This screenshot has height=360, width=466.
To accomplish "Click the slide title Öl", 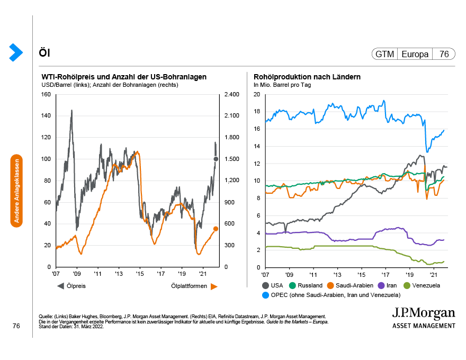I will click(44, 53).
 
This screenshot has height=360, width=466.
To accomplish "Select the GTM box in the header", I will click(385, 54).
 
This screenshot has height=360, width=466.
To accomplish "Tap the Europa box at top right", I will click(415, 54).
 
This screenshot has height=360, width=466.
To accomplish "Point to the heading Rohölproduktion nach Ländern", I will click(307, 77).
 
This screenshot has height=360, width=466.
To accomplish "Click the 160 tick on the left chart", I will click(46, 95).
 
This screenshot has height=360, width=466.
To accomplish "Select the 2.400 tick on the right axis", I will click(231, 95).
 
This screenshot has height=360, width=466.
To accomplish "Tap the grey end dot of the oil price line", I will click(216, 159).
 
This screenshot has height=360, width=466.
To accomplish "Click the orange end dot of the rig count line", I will click(216, 229).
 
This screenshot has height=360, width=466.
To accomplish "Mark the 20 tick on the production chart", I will click(257, 95).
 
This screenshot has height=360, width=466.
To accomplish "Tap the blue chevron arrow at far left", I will click(16, 51).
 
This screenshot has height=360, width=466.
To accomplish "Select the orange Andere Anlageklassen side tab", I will click(16, 191).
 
